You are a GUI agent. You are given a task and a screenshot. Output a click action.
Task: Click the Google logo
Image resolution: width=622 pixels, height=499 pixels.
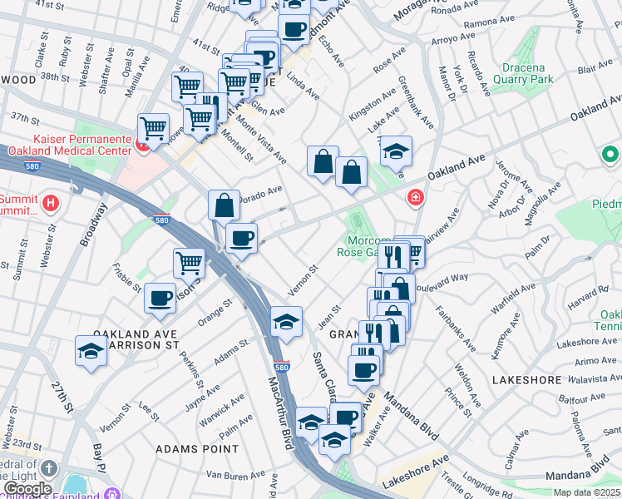(x=27, y=488)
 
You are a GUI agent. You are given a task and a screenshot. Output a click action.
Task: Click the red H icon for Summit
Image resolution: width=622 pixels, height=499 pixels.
(x=52, y=202)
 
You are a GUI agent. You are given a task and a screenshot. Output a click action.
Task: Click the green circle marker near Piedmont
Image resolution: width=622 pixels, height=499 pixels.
(x=610, y=155)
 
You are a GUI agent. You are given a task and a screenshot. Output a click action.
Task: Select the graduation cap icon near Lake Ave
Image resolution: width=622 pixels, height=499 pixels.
(x=396, y=151)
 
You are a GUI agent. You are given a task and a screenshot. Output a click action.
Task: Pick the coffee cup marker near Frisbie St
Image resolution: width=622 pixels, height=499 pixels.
(x=160, y=298)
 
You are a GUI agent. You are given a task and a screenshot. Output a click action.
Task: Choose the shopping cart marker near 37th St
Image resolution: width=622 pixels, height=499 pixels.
(x=153, y=128)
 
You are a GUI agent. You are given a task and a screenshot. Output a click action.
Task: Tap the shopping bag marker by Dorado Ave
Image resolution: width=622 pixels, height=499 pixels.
(x=225, y=204)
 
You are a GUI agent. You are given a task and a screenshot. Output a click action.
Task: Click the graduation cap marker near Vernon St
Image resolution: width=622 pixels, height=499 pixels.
(x=286, y=321)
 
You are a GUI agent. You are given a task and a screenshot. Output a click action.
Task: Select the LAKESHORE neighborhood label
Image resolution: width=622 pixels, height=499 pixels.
(x=526, y=379)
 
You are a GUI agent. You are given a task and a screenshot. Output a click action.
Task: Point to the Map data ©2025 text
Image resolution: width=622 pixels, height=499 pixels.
(x=585, y=492)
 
